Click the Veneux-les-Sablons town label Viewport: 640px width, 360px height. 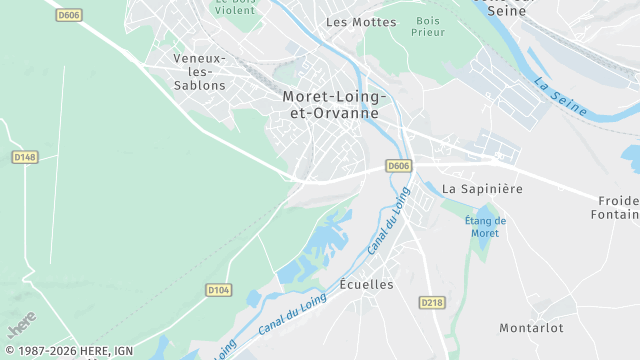click(x=199, y=72)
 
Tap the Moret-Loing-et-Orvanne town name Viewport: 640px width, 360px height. click(x=331, y=104)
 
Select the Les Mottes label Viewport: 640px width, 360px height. click(x=361, y=22)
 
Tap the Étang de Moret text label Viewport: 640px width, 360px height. click(x=487, y=227)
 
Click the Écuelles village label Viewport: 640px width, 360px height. click(x=366, y=284)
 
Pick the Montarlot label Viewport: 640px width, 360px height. click(x=531, y=327)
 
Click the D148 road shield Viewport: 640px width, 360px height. click(x=24, y=157)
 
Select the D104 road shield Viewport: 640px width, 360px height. click(x=218, y=290)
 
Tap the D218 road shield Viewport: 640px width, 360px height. click(x=431, y=302)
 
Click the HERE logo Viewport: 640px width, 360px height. click(x=21, y=324)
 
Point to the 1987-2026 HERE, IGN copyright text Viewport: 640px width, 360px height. click(x=69, y=351)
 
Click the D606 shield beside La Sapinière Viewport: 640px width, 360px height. click(x=398, y=166)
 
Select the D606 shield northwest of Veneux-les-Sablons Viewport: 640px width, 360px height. click(x=68, y=15)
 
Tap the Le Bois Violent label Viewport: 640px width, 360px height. click(x=235, y=5)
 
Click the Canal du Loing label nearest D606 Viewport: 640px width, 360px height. click(x=389, y=220)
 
